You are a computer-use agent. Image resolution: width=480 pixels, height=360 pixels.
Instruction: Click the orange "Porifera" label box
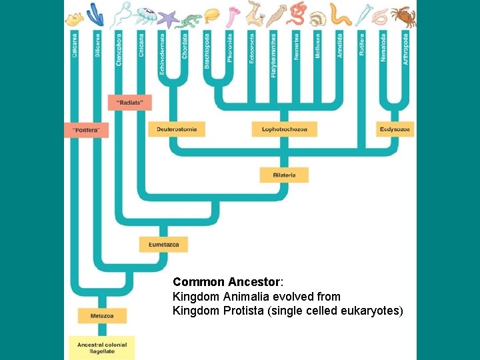(86, 131)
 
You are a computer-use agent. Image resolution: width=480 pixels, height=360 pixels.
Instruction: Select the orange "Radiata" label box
(130, 103)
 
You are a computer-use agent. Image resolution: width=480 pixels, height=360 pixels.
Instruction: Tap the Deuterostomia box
(177, 129)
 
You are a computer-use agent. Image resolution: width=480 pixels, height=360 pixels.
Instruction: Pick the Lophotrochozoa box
(285, 129)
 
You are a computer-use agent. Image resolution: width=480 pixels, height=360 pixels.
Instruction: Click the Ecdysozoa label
(395, 129)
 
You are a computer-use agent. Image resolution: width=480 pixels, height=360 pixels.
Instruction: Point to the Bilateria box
(285, 175)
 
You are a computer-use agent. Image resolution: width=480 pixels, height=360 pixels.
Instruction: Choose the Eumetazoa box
(164, 245)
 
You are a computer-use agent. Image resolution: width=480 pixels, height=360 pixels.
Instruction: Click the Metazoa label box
(102, 315)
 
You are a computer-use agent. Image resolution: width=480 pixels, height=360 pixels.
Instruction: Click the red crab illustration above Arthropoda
(403, 15)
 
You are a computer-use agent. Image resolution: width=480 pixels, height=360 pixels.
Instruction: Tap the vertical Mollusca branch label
(318, 46)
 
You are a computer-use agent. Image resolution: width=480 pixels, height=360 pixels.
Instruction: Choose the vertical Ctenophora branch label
(119, 49)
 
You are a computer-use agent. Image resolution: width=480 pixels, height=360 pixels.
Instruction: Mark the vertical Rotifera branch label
(362, 44)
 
